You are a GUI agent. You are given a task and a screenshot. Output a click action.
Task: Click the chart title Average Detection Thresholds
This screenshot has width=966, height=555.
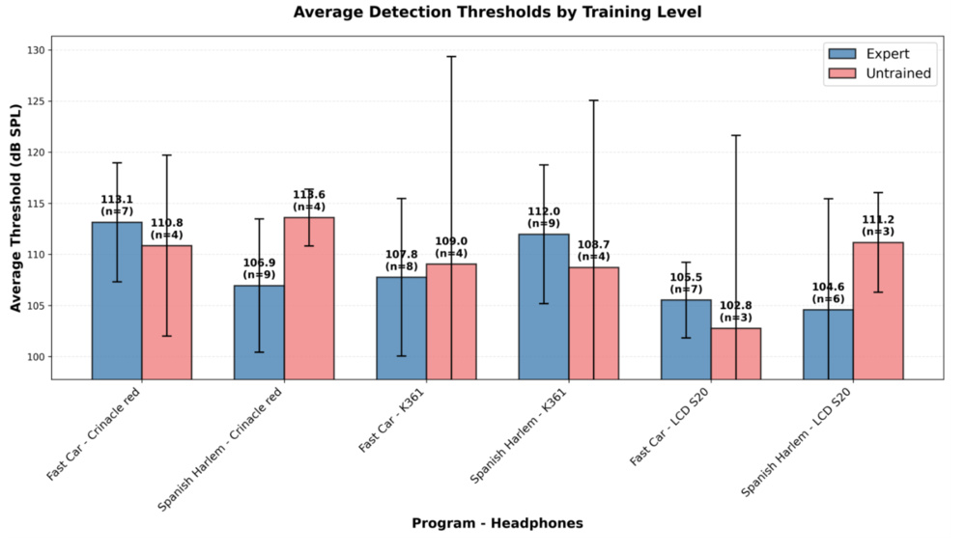(x=497, y=13)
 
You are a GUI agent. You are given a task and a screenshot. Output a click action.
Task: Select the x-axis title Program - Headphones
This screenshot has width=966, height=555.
(x=497, y=523)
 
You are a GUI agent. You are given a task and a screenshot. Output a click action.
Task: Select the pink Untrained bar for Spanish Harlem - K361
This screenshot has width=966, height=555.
(x=594, y=322)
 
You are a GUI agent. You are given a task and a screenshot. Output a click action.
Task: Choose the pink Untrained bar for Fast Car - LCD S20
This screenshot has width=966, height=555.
(x=736, y=352)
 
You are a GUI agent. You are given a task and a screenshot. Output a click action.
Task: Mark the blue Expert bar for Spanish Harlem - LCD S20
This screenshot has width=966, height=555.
(x=828, y=344)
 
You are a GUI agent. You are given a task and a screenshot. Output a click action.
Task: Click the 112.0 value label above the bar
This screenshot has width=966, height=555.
(x=544, y=211)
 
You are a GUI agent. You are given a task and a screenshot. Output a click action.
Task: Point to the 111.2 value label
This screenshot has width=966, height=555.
(x=878, y=220)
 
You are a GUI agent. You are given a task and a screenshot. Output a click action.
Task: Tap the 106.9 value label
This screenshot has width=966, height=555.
(x=259, y=263)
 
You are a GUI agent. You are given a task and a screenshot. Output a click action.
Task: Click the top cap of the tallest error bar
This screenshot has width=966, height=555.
(x=451, y=57)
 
